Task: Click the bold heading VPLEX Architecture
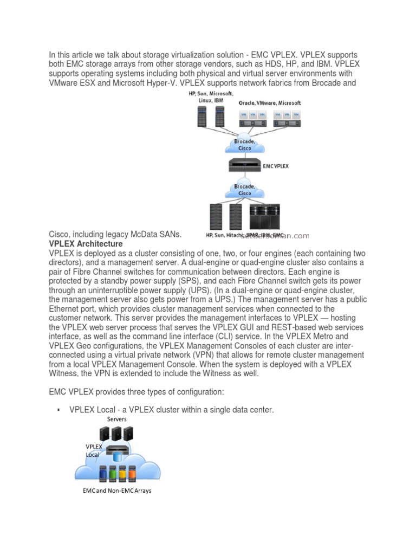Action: pos(86,244)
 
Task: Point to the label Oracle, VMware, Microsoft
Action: pos(269,102)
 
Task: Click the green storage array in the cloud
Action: pos(112,474)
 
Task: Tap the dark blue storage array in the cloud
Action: pos(102,474)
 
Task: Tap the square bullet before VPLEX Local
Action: pos(57,410)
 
